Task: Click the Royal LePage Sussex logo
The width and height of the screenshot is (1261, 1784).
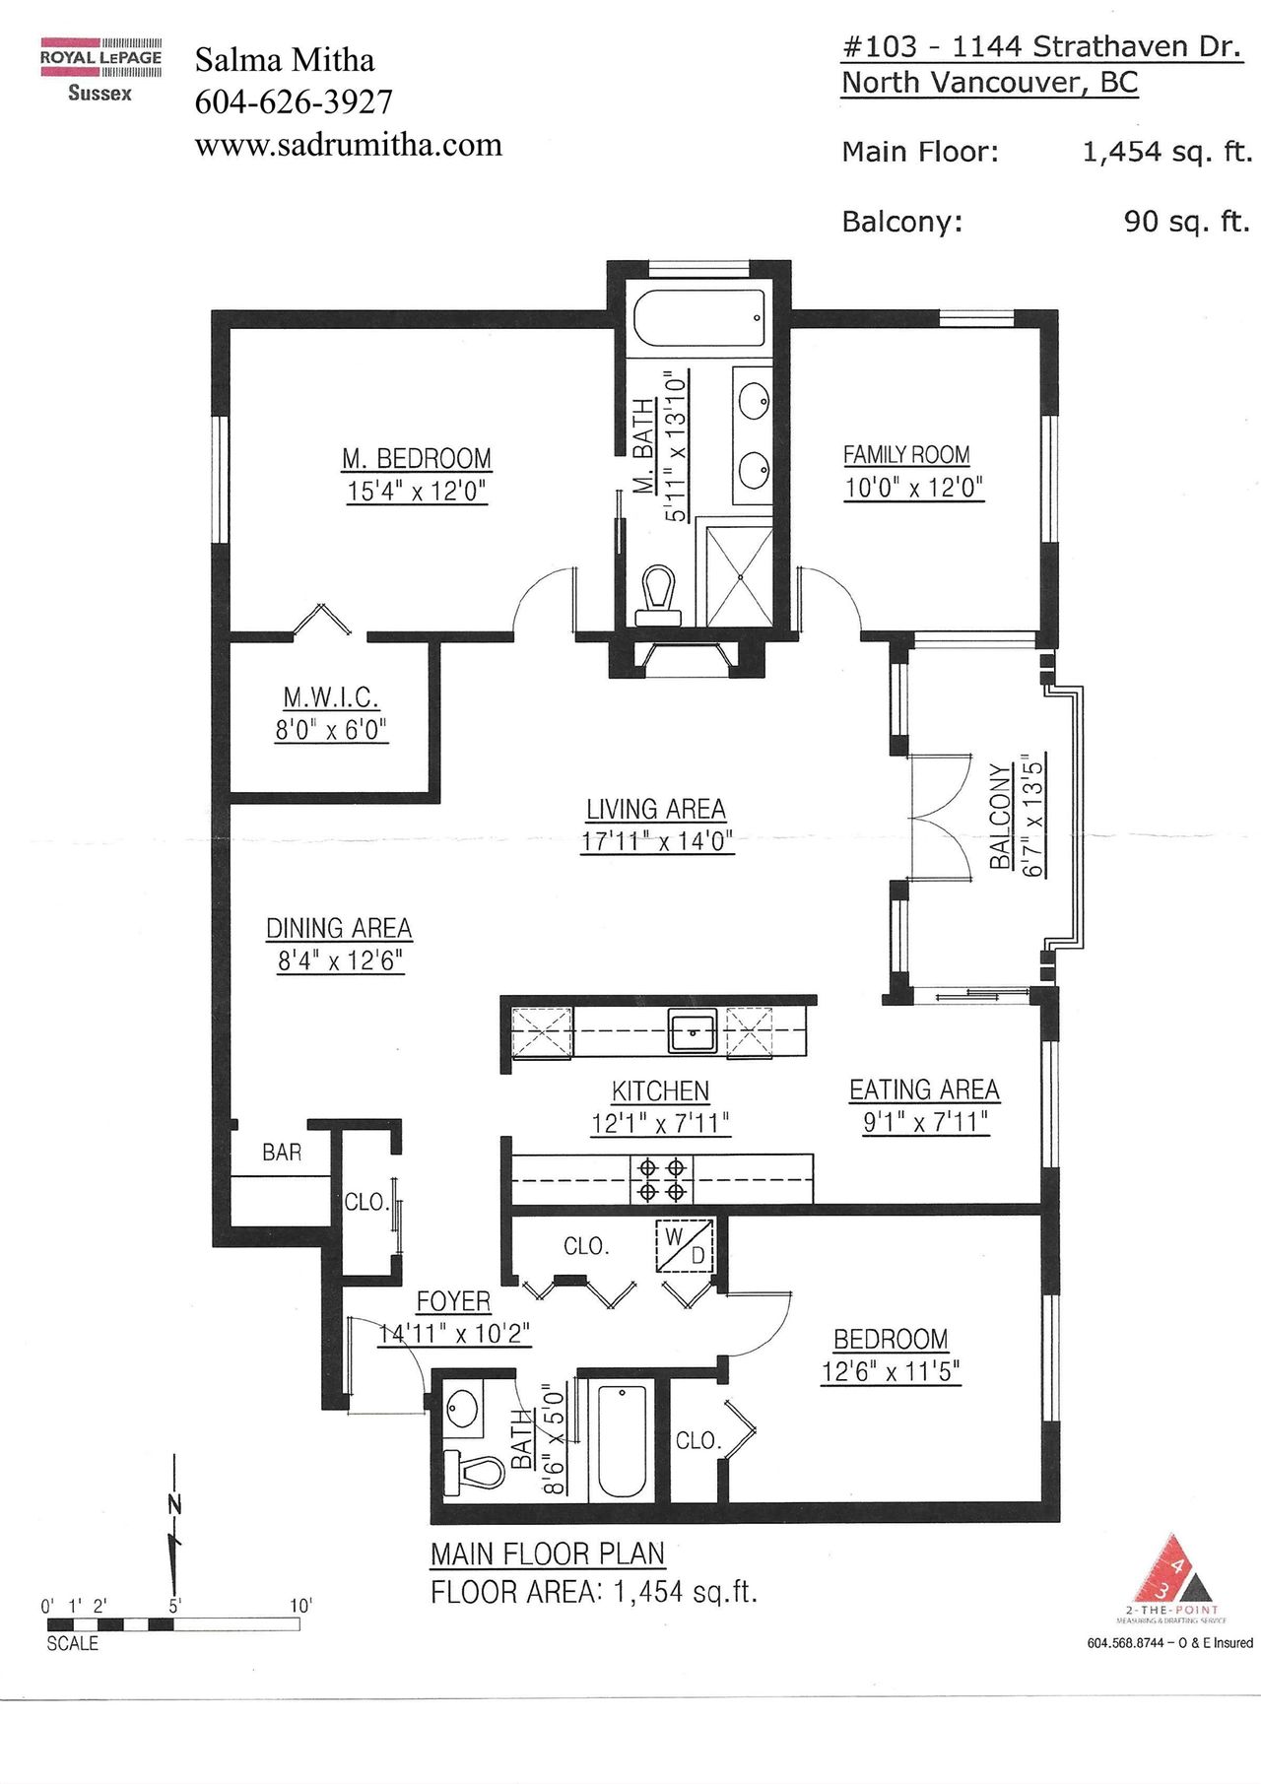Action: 100,70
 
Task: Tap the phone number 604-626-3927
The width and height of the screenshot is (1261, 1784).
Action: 294,101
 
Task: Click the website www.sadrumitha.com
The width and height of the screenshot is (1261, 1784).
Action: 349,145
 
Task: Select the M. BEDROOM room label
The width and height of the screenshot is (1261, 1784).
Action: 417,459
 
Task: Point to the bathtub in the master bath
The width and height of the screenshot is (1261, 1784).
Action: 698,317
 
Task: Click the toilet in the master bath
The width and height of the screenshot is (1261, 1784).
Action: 658,596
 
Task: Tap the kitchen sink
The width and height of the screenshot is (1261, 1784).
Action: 694,1031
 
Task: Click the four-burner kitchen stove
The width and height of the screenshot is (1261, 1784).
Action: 661,1179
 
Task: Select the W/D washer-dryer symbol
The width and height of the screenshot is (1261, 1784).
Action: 686,1246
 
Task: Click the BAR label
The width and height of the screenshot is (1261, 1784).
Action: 282,1153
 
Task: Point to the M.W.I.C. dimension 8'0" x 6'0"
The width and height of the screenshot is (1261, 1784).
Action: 332,730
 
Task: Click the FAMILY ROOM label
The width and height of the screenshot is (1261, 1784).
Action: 906,455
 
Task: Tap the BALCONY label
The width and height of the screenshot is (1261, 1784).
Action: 1001,816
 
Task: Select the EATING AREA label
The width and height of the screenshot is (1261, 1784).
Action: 924,1090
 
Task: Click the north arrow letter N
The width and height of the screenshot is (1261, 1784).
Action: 175,1504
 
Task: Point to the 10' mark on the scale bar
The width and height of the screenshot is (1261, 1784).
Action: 300,1606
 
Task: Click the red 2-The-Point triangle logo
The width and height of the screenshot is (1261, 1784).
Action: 1172,1569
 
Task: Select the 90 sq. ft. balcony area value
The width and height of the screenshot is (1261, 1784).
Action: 1186,222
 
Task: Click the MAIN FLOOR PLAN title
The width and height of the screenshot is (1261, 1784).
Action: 548,1553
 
